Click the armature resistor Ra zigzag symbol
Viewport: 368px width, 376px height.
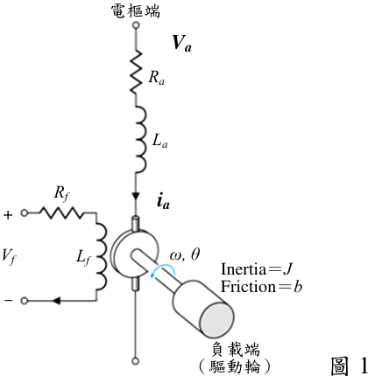coord(136,72)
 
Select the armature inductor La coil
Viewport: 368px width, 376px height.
coord(141,139)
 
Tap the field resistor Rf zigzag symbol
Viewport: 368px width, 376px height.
coord(61,212)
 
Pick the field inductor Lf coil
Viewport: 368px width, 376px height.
coord(102,256)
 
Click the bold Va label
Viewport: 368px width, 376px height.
coord(181,44)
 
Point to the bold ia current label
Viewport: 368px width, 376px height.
coord(163,202)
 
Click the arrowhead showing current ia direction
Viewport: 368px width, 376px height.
coord(136,196)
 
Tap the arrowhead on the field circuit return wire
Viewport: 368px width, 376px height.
coord(56,301)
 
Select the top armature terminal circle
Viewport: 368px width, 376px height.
coord(136,25)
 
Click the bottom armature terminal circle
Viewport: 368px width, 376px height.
coord(135,361)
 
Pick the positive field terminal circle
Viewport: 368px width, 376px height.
coord(25,213)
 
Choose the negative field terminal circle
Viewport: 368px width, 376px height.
coord(25,301)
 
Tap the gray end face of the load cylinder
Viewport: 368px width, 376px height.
coord(216,320)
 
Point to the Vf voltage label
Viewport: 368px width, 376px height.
coord(9,257)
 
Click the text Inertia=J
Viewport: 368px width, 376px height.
coord(257,268)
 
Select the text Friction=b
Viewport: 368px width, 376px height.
coord(261,287)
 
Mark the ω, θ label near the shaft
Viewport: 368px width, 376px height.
coord(185,254)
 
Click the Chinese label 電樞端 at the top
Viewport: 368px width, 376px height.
coord(136,11)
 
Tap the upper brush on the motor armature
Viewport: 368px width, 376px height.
coord(136,224)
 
